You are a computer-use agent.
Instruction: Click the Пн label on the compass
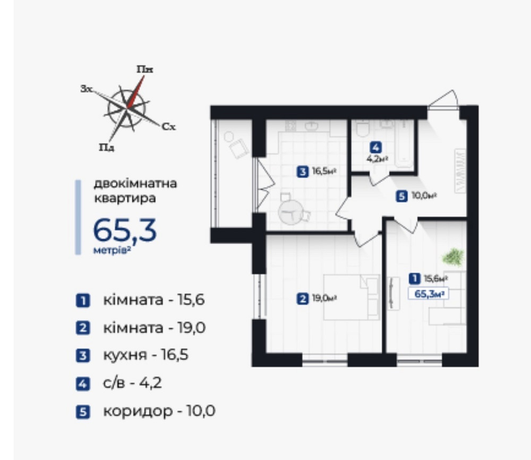144,69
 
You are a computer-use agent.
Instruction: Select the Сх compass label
168,127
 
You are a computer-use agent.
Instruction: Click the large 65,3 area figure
125,230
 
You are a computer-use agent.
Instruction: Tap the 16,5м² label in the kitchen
323,171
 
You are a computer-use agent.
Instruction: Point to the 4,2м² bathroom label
376,157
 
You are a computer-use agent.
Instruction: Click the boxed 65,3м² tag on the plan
429,295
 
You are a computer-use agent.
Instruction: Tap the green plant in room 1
453,257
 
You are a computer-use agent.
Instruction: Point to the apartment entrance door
444,100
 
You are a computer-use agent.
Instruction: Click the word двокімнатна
135,184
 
